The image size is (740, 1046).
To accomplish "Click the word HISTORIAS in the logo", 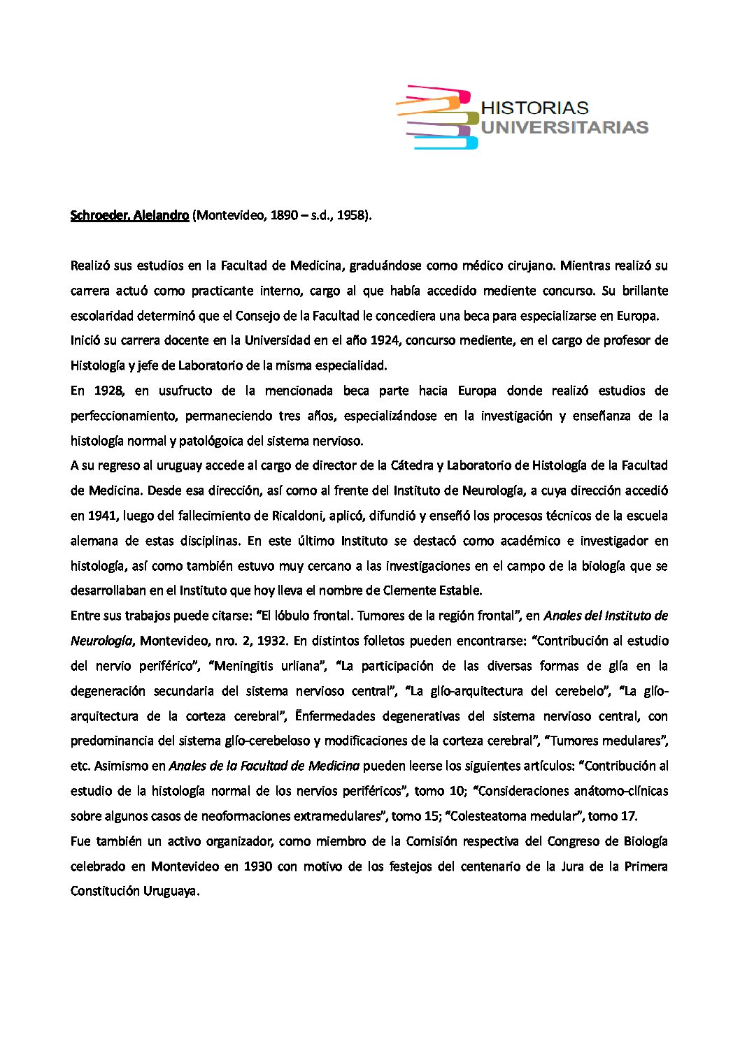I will coord(535,108).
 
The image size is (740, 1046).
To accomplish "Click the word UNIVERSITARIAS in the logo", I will coord(565,127).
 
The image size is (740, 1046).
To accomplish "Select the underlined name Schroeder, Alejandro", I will coord(129,215).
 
